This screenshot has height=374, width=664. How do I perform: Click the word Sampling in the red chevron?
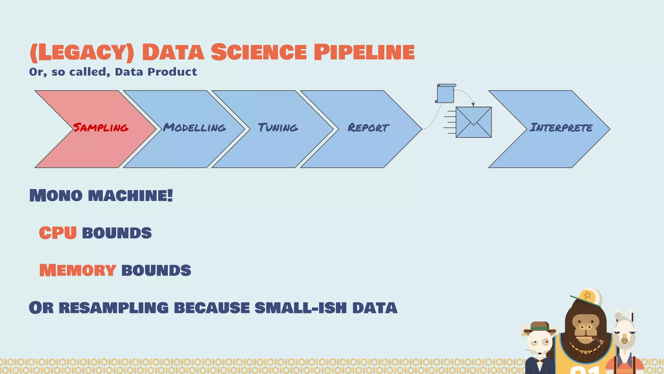pos(101,128)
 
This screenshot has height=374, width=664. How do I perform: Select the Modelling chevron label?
pos(194,128)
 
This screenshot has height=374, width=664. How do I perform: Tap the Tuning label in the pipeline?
pos(278,128)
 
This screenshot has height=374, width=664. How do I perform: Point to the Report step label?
pos(368,128)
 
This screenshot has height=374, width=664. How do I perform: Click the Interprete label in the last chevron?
pos(561,128)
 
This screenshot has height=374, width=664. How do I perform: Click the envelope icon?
pos(473,122)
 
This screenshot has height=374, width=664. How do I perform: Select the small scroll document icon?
pos(445,94)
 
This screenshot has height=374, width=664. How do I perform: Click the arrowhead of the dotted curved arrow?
pos(473,104)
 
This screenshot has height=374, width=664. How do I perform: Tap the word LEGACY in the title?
pos(81,52)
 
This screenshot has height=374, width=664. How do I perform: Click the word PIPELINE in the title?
pos(364,52)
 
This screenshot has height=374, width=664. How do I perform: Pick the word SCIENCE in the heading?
pos(258,52)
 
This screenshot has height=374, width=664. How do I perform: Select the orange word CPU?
pos(58,233)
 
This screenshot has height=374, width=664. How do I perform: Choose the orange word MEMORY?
pos(78,270)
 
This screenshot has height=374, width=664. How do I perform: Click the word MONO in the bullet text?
pos(56,195)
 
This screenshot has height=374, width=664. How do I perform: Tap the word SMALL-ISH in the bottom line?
pos(301,308)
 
